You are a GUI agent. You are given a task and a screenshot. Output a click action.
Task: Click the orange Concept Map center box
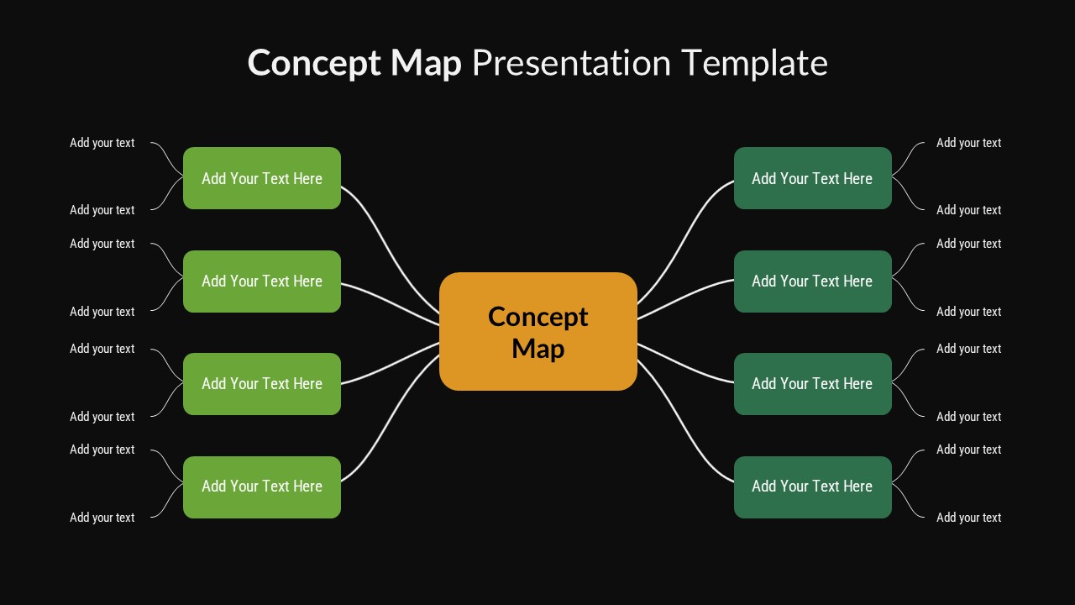(537, 331)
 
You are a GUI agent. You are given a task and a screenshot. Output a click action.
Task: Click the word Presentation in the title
(571, 64)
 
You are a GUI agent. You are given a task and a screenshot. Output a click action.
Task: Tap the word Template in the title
(754, 63)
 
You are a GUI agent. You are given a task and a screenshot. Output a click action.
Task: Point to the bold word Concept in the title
(314, 64)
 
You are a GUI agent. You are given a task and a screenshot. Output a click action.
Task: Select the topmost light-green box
(262, 178)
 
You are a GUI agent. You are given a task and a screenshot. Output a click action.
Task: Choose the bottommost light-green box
(262, 487)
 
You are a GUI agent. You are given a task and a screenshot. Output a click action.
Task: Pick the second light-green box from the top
(262, 281)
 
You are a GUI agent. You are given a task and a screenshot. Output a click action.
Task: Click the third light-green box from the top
(262, 384)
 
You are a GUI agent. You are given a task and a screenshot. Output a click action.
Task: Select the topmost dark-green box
(812, 178)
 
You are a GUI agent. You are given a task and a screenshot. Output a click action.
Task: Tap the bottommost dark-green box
(812, 487)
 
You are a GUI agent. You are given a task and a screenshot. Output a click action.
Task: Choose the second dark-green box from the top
(812, 281)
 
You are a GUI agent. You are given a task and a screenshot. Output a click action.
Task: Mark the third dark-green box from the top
(812, 384)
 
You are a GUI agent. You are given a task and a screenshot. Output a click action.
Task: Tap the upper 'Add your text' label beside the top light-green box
(102, 143)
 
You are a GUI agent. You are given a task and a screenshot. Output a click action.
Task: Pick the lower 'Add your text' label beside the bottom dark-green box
(968, 518)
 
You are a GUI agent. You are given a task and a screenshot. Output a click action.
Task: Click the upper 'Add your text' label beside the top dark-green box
(968, 143)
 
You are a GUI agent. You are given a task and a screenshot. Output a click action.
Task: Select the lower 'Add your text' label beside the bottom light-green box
(102, 518)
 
